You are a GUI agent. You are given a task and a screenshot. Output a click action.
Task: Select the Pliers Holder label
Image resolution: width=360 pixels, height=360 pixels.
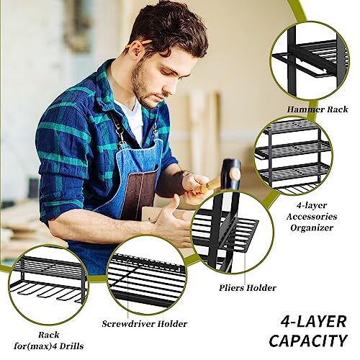[x=248, y=288]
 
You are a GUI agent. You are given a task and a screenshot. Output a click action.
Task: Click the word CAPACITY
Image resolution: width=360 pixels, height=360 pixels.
[x=307, y=340]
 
